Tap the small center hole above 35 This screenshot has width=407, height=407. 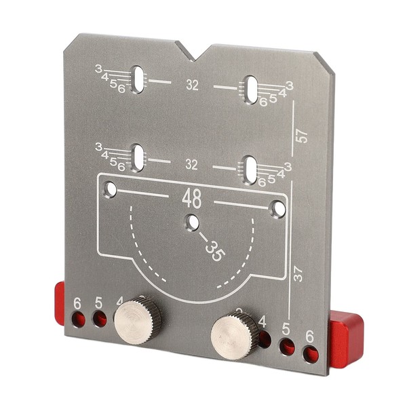pyautogui.click(x=193, y=222)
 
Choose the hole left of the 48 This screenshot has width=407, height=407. pyautogui.click(x=111, y=189)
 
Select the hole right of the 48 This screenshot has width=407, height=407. pyautogui.click(x=279, y=208)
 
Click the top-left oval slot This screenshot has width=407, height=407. pyautogui.click(x=138, y=79)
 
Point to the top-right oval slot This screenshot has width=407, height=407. pyautogui.click(x=251, y=89)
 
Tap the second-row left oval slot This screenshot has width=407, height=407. pyautogui.click(x=138, y=158)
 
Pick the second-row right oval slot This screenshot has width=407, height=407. pyautogui.click(x=250, y=169)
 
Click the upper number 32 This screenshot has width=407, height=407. pyautogui.click(x=192, y=85)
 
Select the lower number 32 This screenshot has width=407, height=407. pyautogui.click(x=191, y=165)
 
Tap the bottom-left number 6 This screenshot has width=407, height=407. pyautogui.click(x=78, y=303)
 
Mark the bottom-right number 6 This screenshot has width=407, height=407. pyautogui.click(x=310, y=336)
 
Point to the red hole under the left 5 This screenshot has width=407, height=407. pyautogui.click(x=99, y=319)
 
